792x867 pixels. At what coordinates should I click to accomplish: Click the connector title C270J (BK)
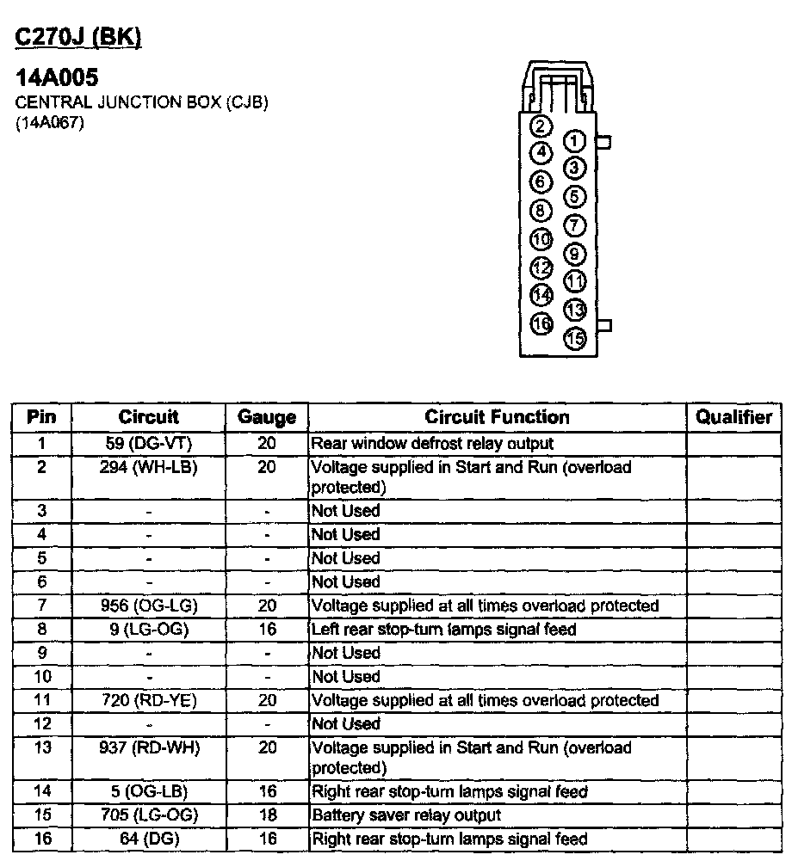pyautogui.click(x=78, y=38)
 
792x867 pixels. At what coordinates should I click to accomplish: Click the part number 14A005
pyautogui.click(x=57, y=79)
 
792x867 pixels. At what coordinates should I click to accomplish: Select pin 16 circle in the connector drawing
pyautogui.click(x=541, y=323)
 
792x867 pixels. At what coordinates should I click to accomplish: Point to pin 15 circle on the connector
pyautogui.click(x=575, y=338)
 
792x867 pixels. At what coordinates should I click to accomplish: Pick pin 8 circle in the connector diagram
pyautogui.click(x=541, y=211)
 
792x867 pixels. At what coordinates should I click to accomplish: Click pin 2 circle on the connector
pyautogui.click(x=541, y=127)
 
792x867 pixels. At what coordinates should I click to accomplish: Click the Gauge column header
pyautogui.click(x=267, y=418)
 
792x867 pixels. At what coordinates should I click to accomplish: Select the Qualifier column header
pyautogui.click(x=733, y=417)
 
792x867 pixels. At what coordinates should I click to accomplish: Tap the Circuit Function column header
pyautogui.click(x=497, y=417)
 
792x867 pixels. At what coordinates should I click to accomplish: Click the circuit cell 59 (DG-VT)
pyautogui.click(x=149, y=444)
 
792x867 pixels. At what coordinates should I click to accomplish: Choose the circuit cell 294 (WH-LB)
pyautogui.click(x=149, y=467)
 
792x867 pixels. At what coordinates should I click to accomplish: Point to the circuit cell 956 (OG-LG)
pyautogui.click(x=149, y=606)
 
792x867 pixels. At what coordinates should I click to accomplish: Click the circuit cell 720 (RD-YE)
pyautogui.click(x=149, y=700)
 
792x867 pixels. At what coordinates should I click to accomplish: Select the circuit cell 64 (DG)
pyautogui.click(x=149, y=839)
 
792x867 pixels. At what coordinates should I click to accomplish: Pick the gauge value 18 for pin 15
pyautogui.click(x=267, y=815)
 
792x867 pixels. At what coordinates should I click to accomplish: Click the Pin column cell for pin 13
pyautogui.click(x=41, y=747)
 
